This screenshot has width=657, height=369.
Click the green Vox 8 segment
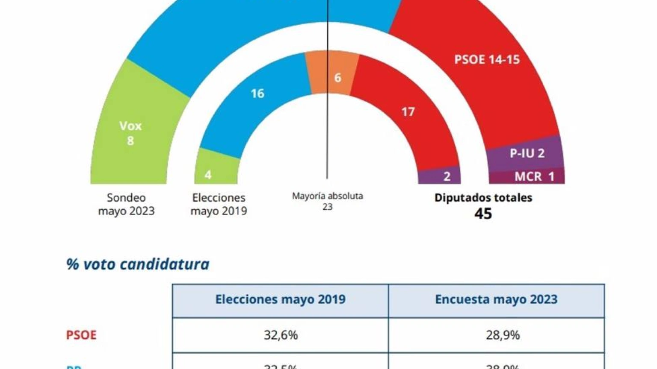click(x=130, y=133)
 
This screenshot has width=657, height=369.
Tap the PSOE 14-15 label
click(x=487, y=59)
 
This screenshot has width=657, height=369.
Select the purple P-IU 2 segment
click(x=527, y=153)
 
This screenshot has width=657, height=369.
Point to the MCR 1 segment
click(x=534, y=176)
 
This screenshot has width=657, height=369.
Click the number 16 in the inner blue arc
click(x=257, y=94)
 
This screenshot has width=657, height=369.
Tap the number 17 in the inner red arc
click(x=408, y=112)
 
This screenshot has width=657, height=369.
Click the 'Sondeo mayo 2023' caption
click(x=126, y=204)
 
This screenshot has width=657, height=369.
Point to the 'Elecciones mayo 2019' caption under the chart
click(x=219, y=204)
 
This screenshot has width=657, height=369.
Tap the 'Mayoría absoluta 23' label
click(x=327, y=201)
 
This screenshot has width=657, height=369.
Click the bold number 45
click(x=483, y=214)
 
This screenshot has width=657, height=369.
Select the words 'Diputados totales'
click(x=483, y=198)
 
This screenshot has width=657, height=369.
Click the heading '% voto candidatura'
click(x=138, y=264)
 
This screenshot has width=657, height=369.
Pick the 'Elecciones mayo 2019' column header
click(x=280, y=299)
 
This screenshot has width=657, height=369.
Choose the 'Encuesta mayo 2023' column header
click(x=496, y=299)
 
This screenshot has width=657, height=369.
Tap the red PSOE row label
click(x=81, y=335)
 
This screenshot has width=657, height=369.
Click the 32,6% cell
click(x=281, y=335)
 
